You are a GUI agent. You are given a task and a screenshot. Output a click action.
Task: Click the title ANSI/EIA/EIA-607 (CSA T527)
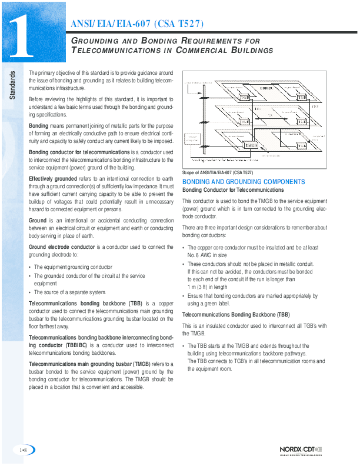(x=137, y=24)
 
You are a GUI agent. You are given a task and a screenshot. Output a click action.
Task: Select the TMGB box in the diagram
(x=251, y=145)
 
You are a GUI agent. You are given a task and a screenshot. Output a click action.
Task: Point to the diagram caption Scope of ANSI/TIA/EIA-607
(x=218, y=172)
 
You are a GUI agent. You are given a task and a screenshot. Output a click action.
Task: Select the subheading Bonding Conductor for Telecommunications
(x=233, y=190)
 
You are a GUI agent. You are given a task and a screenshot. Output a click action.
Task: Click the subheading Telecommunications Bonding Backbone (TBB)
(x=235, y=315)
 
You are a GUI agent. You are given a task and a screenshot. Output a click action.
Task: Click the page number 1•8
(x=23, y=450)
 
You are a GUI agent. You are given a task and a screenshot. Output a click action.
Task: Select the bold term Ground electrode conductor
(x=62, y=247)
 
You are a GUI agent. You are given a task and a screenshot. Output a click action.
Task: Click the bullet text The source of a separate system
(x=70, y=292)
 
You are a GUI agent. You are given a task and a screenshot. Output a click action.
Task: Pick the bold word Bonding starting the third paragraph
(x=39, y=126)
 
